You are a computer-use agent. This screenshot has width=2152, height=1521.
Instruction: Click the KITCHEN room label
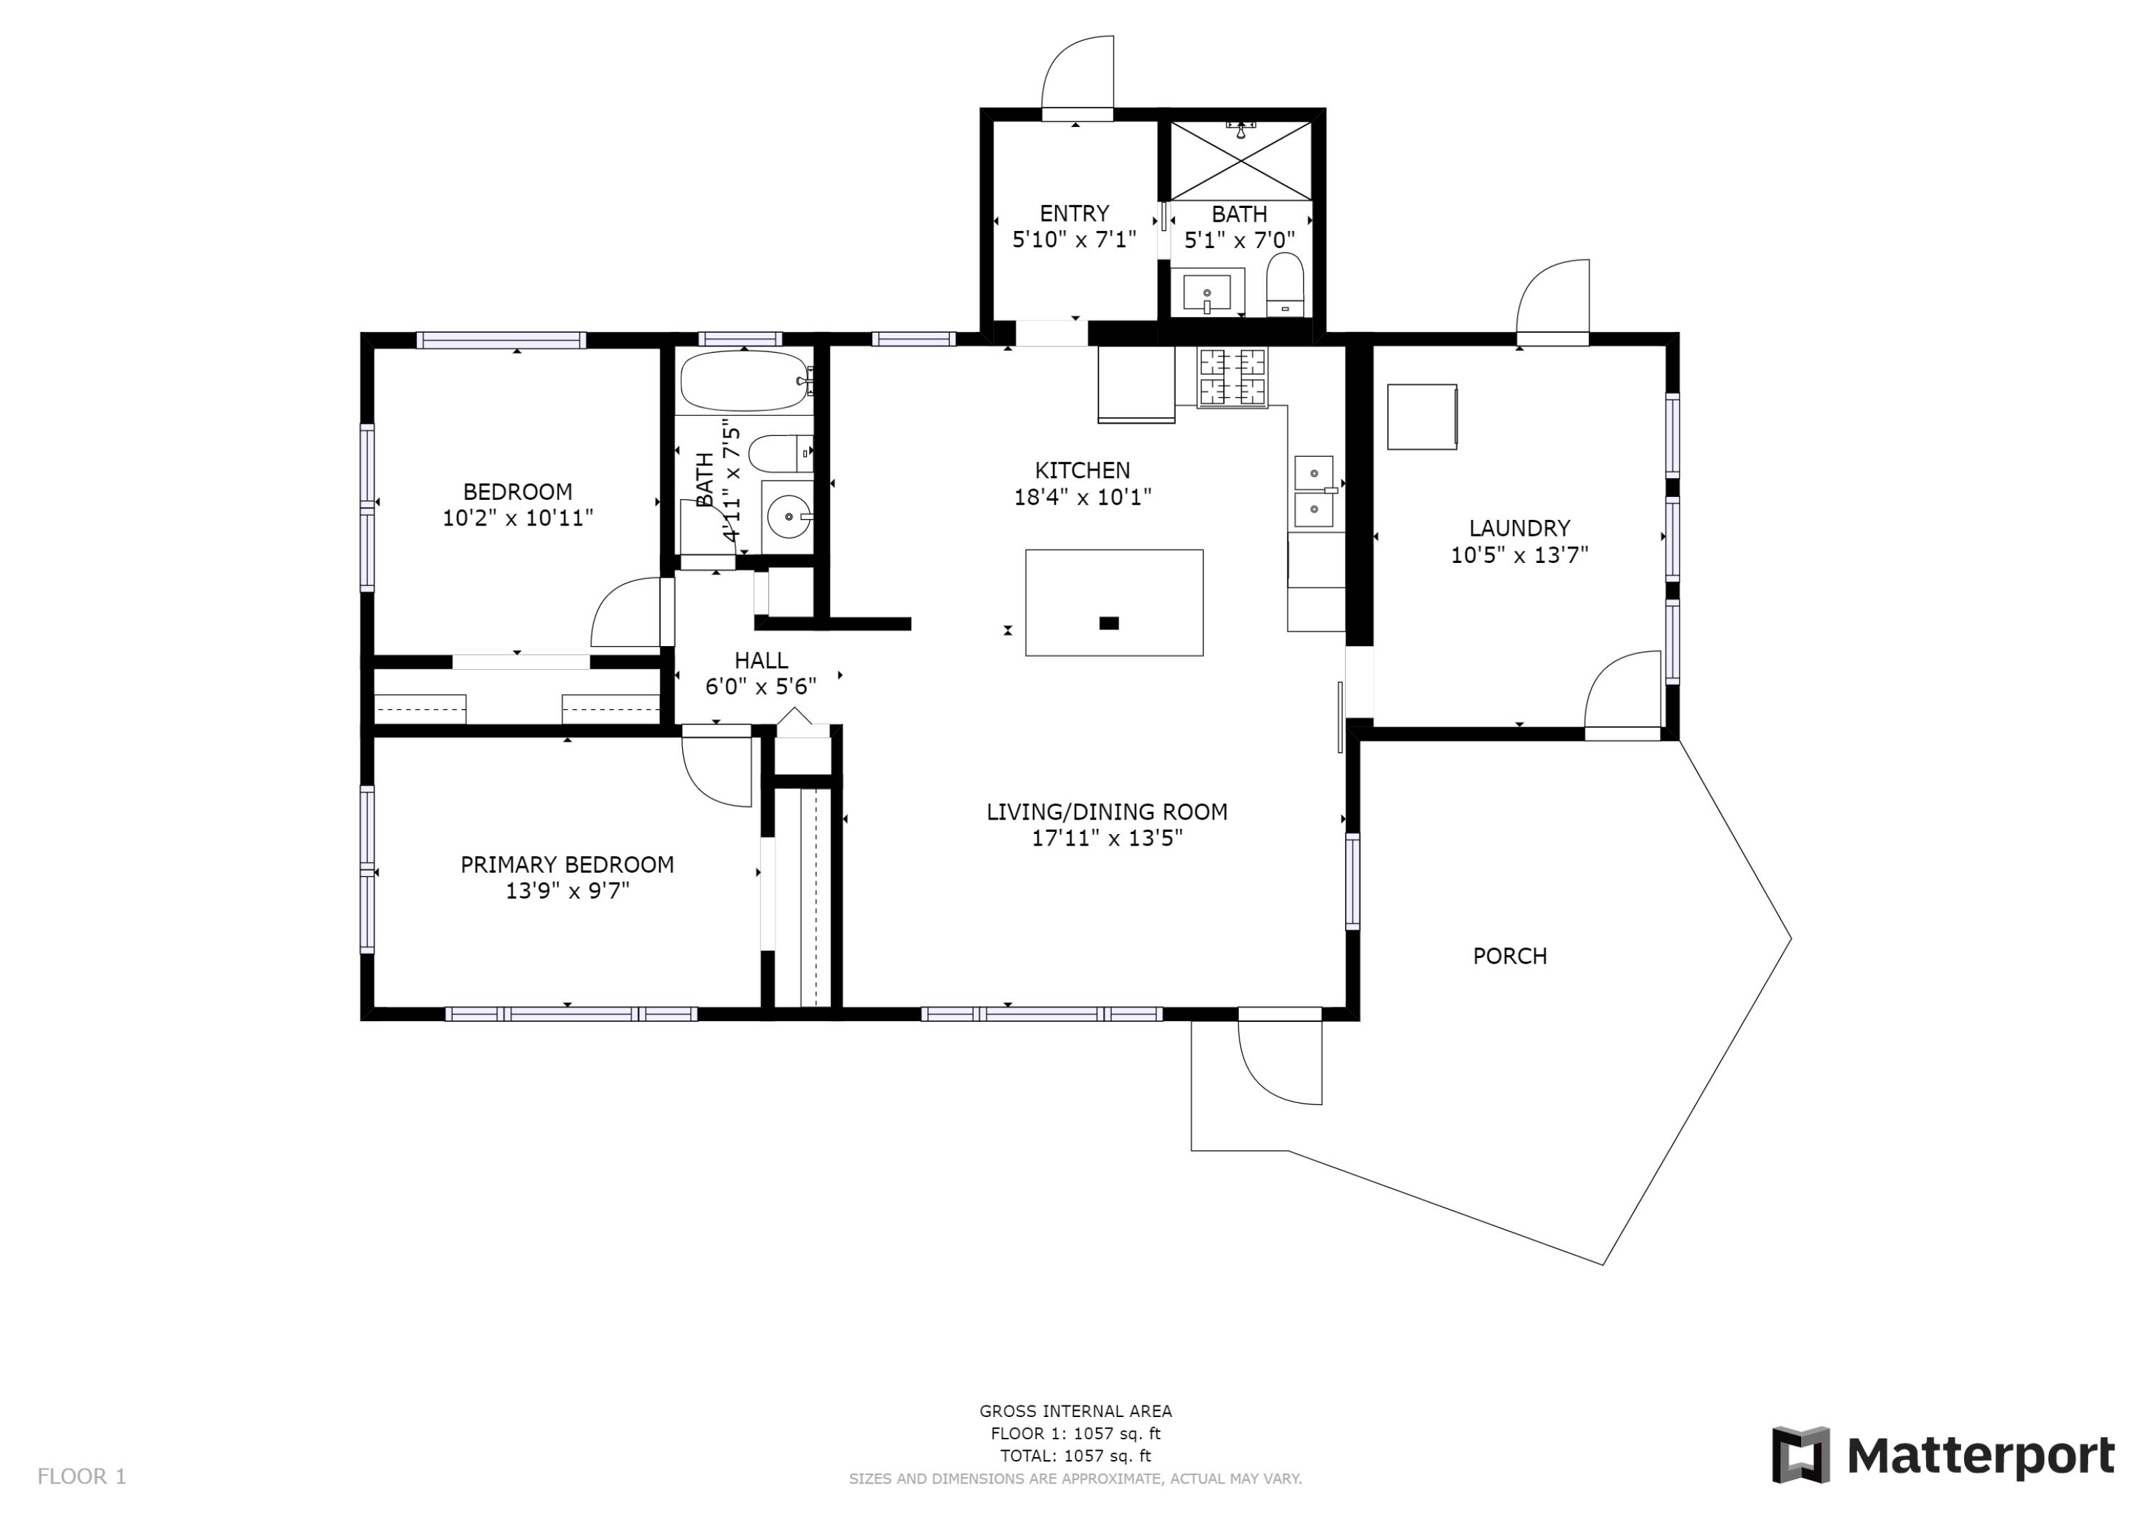[x=1082, y=470]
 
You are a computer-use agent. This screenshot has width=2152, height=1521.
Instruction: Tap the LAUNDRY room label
[x=1519, y=529]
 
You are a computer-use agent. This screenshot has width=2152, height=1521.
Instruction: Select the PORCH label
[x=1509, y=956]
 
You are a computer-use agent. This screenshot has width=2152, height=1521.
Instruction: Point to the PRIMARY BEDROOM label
[x=567, y=865]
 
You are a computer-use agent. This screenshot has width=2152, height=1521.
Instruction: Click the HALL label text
[x=761, y=660]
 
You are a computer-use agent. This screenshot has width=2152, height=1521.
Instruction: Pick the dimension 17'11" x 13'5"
[x=1107, y=838]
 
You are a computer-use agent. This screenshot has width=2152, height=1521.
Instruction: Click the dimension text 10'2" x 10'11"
[x=519, y=517]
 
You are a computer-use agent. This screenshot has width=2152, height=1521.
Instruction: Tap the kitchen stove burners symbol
[x=1232, y=378]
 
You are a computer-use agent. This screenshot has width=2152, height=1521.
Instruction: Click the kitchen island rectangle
[x=1115, y=602]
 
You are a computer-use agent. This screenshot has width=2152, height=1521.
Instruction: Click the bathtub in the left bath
[x=744, y=382]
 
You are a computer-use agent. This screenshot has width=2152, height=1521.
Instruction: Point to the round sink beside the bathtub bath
[x=788, y=516]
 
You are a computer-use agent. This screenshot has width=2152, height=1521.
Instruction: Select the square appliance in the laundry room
[x=1422, y=416]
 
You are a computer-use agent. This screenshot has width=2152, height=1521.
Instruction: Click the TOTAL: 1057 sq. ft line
[x=1075, y=1456]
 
